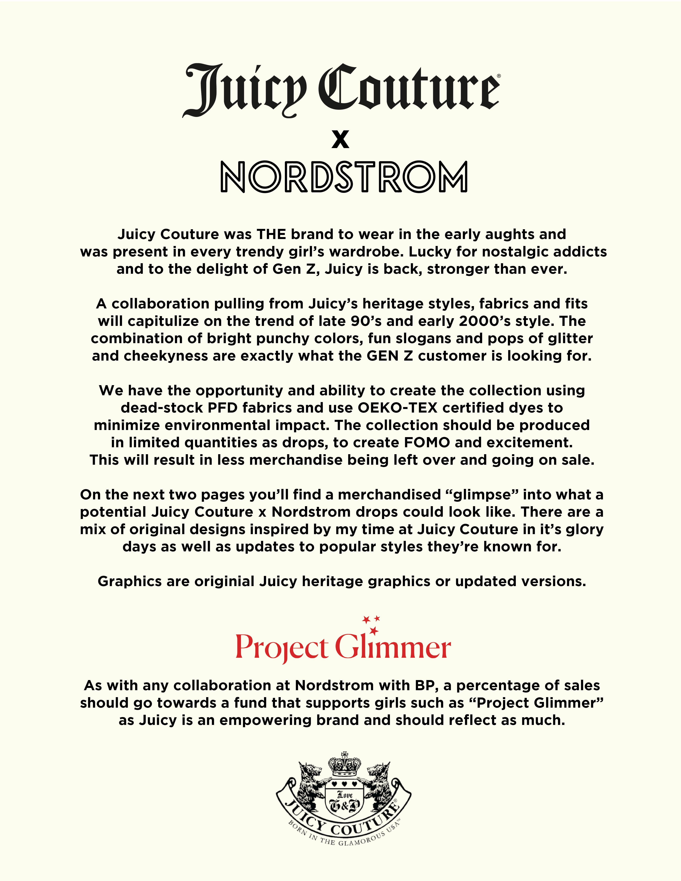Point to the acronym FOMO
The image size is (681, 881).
pos(427,442)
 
